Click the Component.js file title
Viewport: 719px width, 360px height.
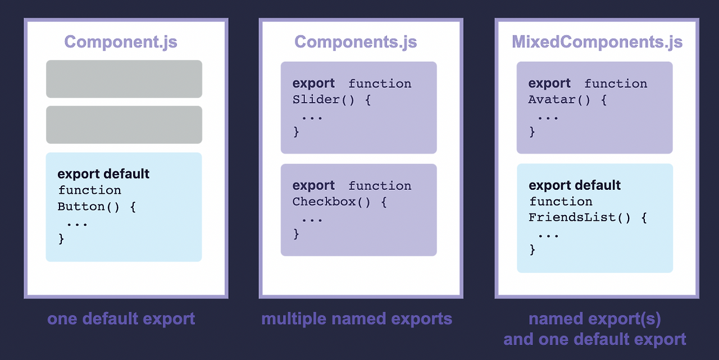click(121, 42)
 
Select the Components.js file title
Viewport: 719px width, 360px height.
click(356, 42)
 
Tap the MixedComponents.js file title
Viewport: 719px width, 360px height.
click(597, 42)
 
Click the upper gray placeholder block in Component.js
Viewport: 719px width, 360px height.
click(124, 79)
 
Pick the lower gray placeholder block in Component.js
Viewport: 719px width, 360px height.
click(124, 125)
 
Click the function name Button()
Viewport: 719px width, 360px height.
click(89, 206)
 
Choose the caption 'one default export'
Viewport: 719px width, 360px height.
click(121, 319)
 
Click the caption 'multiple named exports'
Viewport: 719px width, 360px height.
click(357, 319)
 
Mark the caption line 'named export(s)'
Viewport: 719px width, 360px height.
click(595, 319)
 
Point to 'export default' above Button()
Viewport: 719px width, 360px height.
click(103, 174)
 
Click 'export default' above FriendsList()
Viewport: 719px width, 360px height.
click(575, 185)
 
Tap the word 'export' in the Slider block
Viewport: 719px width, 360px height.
click(313, 84)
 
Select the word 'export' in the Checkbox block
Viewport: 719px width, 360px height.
click(313, 185)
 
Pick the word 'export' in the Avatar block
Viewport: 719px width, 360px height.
click(549, 84)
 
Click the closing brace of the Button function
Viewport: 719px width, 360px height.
click(61, 239)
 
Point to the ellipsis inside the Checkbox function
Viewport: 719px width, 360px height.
click(312, 218)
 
